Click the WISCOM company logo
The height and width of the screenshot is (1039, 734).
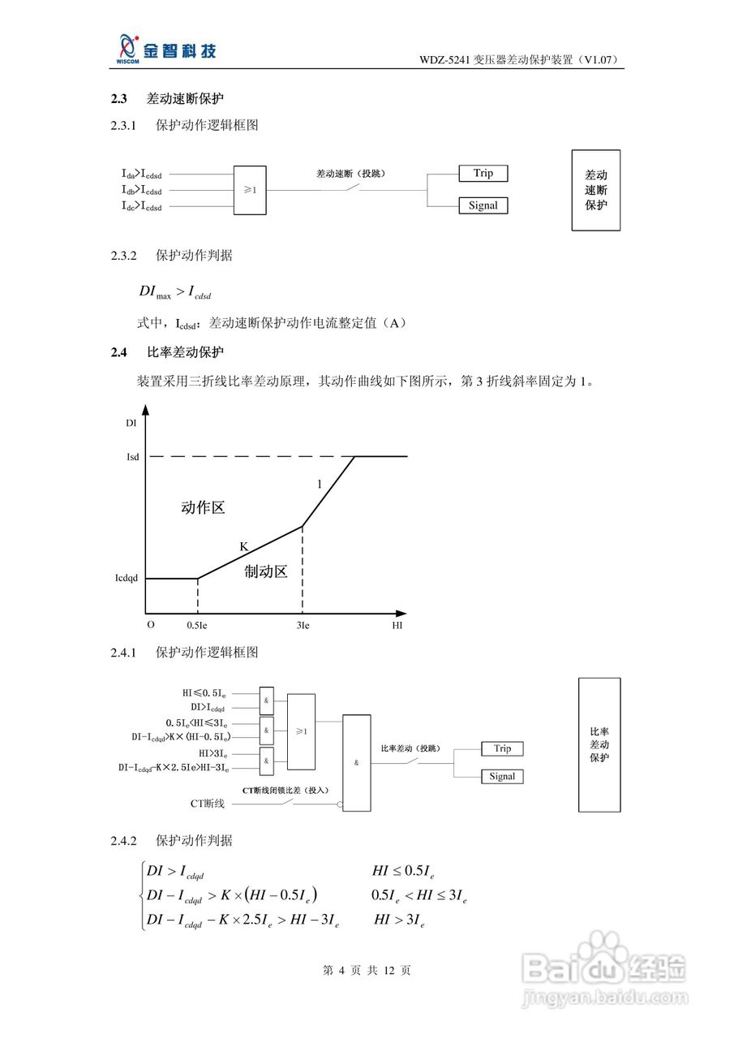[x=166, y=49]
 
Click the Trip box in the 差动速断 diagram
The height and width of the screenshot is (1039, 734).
[x=483, y=173]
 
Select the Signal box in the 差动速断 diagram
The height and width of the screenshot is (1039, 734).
[x=483, y=205]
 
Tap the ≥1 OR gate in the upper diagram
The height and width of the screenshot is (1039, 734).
[x=250, y=190]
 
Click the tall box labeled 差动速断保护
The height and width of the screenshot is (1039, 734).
[x=595, y=190]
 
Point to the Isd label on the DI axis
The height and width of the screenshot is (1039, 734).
[x=132, y=457]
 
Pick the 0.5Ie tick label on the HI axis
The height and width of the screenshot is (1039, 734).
[x=197, y=626]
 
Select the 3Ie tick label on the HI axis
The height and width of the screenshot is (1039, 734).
[x=303, y=626]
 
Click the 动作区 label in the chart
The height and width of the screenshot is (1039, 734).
[x=202, y=508]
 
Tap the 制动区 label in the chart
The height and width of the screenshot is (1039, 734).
[x=266, y=571]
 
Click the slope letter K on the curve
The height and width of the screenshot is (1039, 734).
[x=243, y=547]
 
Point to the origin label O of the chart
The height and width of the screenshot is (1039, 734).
[x=150, y=625]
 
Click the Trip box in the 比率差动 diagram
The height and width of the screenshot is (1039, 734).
[x=502, y=748]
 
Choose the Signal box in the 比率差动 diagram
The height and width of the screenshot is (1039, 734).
[x=502, y=777]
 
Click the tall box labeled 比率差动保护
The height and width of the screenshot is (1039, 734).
[x=599, y=744]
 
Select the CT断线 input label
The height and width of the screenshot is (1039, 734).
[x=208, y=804]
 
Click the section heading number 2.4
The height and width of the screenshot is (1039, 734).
[x=119, y=352]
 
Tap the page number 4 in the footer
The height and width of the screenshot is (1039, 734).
[x=342, y=970]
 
